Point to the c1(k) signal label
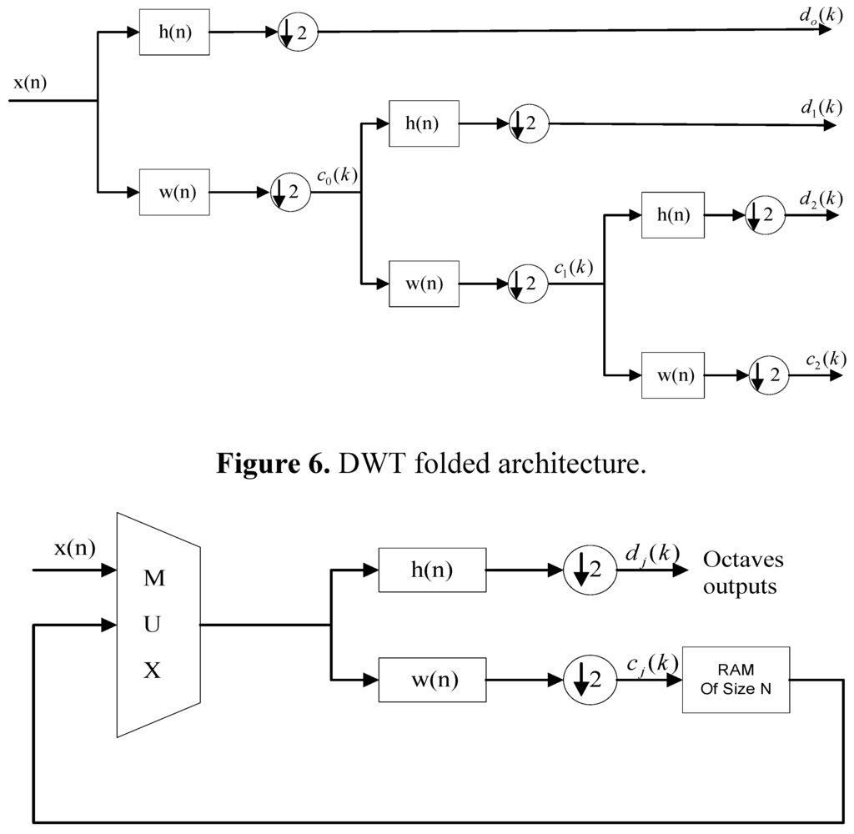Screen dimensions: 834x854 coord(574,269)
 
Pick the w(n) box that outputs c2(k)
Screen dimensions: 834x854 coord(672,375)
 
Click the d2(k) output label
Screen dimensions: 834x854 coord(820,198)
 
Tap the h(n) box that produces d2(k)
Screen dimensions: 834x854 coord(672,215)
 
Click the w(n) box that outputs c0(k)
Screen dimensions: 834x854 coord(173,193)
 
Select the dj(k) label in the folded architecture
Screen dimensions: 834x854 coord(652,554)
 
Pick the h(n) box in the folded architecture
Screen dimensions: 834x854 coord(431,571)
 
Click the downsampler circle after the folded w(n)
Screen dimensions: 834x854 coord(587,680)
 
